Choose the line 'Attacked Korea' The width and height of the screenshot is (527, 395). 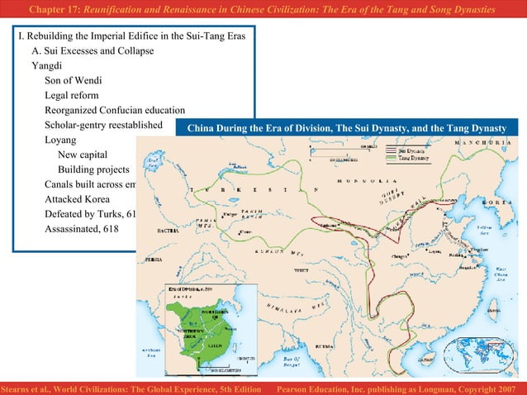(x=80, y=199)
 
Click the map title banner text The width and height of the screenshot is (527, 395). (x=347, y=129)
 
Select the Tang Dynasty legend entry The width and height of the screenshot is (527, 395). (x=412, y=159)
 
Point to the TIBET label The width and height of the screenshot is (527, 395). (x=299, y=270)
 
